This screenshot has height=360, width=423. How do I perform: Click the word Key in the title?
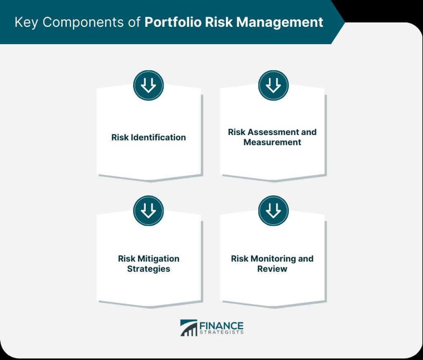26,23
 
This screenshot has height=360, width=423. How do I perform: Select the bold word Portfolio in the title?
173,22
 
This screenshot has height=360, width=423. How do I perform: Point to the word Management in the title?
280,23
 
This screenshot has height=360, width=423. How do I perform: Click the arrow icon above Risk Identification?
148,85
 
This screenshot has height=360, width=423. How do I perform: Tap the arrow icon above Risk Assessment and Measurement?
273,85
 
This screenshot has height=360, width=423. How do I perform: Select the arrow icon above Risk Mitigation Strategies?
148,211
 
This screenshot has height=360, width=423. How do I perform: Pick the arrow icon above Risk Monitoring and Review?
273,211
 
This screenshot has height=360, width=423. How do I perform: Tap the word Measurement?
272,142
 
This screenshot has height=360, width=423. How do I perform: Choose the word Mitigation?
158,258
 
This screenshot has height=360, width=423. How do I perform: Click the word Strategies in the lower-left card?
149,269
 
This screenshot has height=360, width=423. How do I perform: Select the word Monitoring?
273,258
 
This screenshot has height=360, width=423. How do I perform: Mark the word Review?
272,269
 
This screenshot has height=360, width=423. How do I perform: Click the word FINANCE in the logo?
221,326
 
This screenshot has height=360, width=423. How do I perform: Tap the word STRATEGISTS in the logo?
221,332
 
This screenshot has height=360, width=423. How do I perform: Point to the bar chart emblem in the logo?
188,328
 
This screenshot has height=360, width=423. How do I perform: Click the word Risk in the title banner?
219,22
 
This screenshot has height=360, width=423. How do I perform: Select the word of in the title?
134,23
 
